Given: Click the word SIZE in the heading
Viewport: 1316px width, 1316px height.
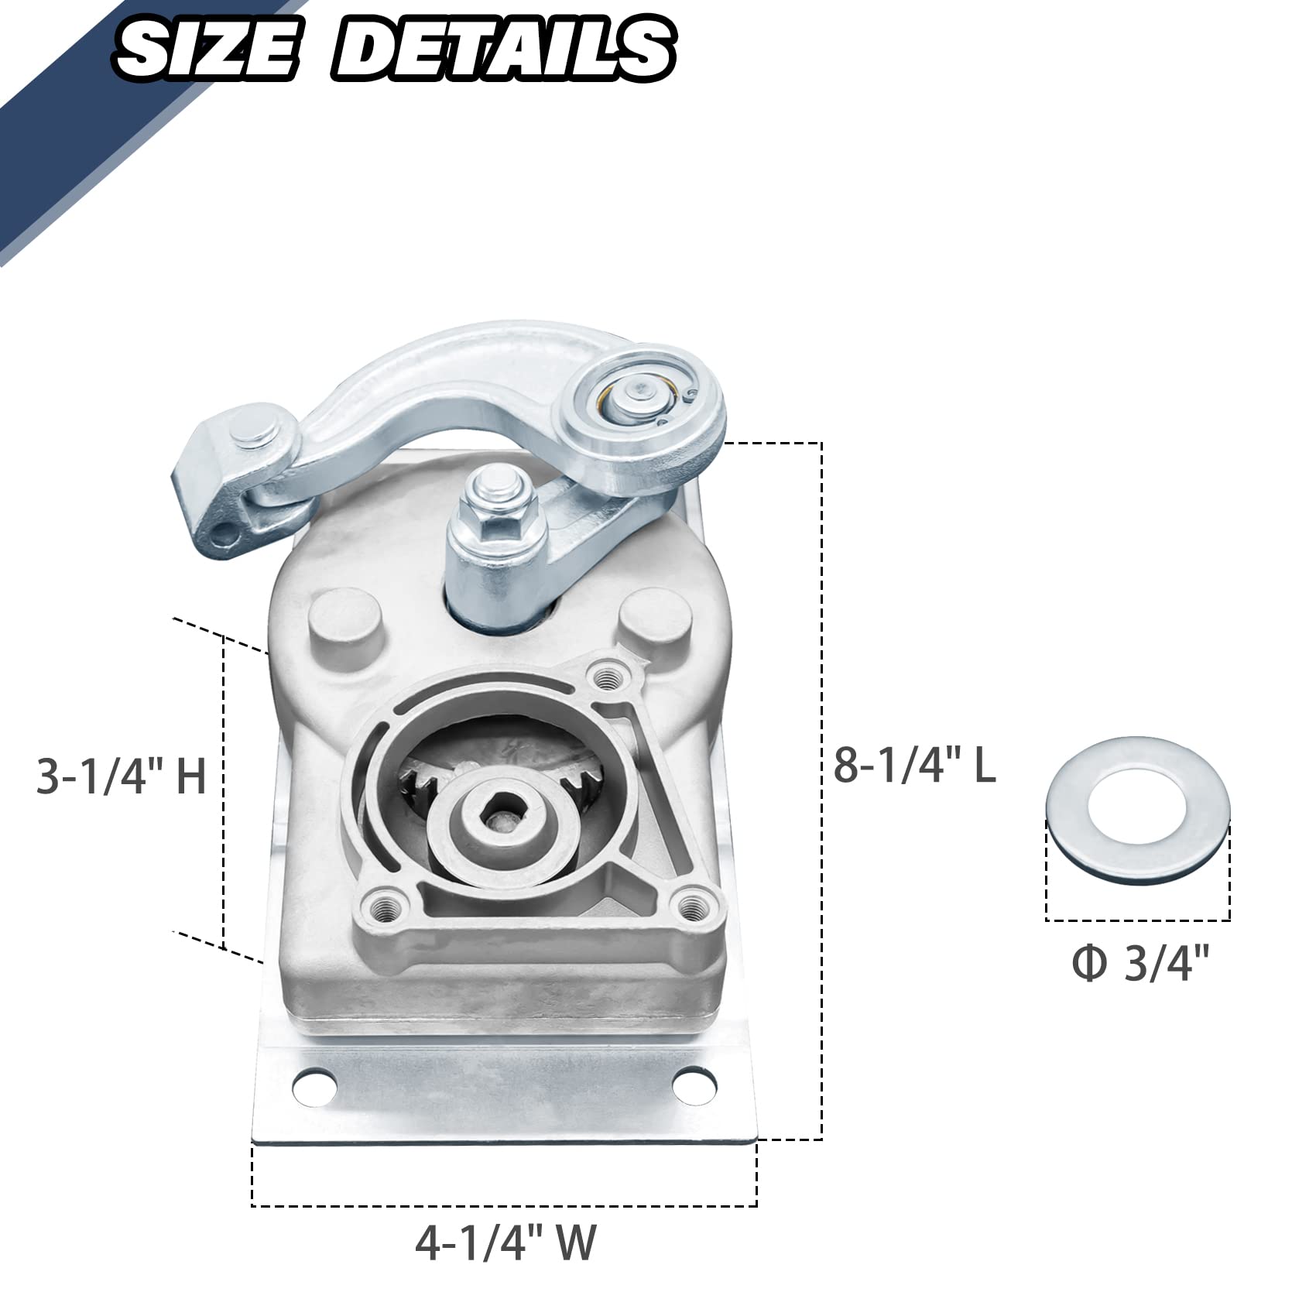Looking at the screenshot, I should pyautogui.click(x=205, y=48).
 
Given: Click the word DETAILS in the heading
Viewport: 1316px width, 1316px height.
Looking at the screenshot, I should pyautogui.click(x=503, y=48).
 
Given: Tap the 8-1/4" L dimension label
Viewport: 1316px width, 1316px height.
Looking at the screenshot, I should pyautogui.click(x=914, y=766).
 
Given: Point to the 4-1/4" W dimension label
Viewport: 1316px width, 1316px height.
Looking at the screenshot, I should pyautogui.click(x=505, y=1243).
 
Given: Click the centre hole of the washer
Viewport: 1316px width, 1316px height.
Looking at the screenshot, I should pyautogui.click(x=1137, y=806).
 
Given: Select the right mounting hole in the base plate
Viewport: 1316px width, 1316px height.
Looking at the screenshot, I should pyautogui.click(x=694, y=1082).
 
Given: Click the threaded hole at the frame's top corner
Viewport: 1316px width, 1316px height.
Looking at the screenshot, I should pyautogui.click(x=608, y=678).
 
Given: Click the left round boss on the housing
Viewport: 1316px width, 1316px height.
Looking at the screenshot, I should pyautogui.click(x=346, y=622).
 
